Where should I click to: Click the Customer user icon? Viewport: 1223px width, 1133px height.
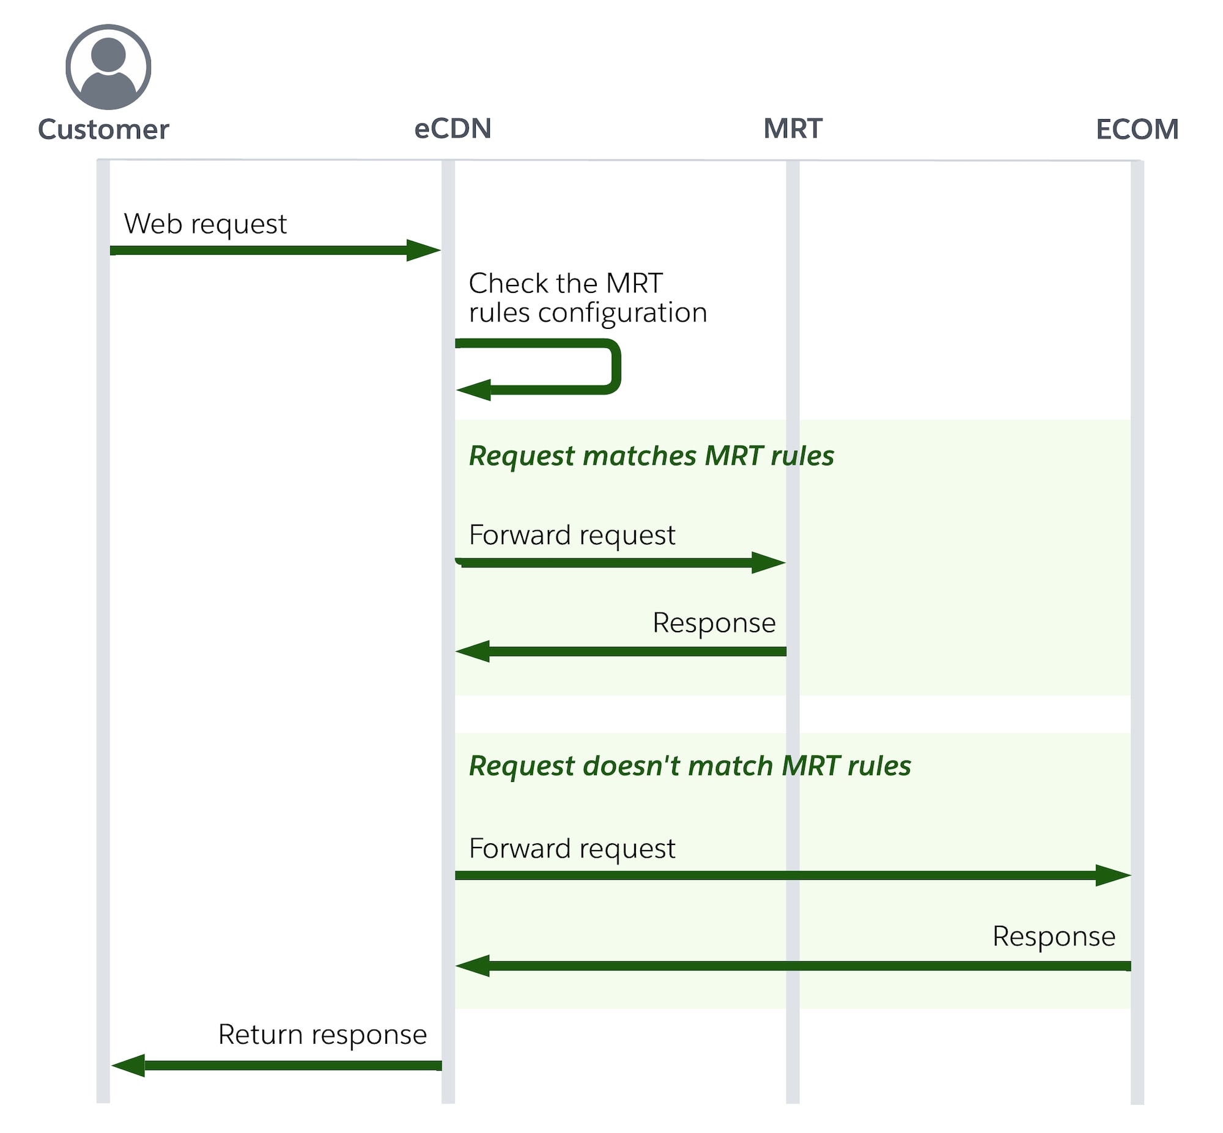pos(108,67)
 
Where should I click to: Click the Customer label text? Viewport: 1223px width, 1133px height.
pos(103,130)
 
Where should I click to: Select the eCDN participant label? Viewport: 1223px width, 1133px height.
pos(453,129)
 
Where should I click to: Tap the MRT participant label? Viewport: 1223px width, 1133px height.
pos(792,129)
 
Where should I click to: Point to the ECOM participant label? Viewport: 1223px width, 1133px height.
pos(1137,130)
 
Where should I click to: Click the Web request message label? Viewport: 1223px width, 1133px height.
pos(205,224)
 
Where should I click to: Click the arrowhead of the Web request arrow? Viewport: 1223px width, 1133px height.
pos(424,250)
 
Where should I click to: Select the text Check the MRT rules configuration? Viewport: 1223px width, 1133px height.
pos(587,298)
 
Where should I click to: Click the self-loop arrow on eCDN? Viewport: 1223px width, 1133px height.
pos(613,367)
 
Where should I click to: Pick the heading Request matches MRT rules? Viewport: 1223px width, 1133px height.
pos(651,456)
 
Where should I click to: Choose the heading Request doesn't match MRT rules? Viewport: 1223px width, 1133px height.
pos(689,766)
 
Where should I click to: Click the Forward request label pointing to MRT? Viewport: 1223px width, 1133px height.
pos(571,535)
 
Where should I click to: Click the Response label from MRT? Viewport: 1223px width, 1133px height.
pos(714,624)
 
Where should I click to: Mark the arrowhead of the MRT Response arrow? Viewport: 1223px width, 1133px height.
pos(473,651)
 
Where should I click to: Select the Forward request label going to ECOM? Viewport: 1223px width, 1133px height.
pos(571,849)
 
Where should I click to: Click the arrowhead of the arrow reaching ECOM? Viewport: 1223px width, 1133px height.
pos(1114,876)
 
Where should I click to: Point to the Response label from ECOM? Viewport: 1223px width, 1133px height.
pos(1053,937)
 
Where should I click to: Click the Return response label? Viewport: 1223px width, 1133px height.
pos(322,1035)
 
